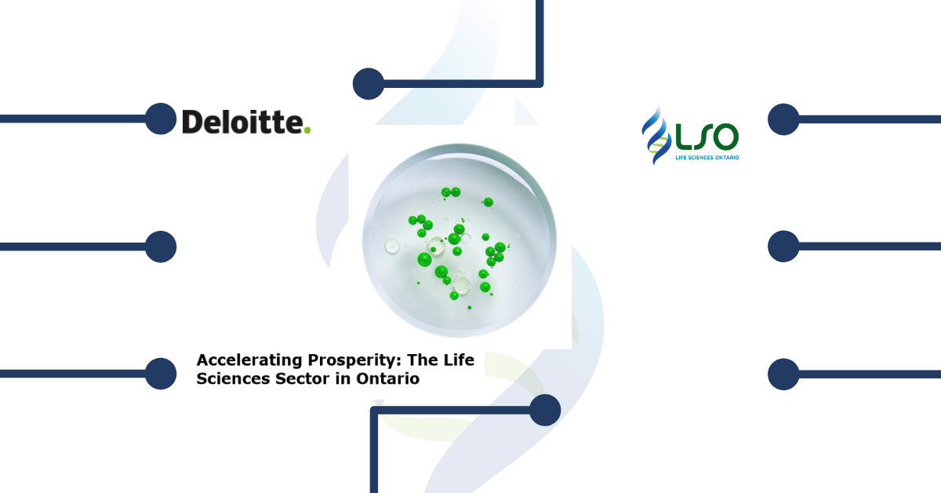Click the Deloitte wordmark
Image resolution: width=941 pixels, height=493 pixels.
tap(246, 122)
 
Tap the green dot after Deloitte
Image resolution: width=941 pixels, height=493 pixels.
tap(307, 130)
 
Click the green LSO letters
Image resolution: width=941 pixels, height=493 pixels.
tap(707, 137)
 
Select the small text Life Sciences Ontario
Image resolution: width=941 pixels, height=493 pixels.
tap(707, 158)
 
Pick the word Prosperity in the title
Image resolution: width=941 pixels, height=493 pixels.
tap(354, 360)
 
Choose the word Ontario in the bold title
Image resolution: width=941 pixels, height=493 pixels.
tap(387, 378)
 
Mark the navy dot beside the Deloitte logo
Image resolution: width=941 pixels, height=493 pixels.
tap(161, 119)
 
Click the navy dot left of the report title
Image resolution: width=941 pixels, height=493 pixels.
tap(161, 374)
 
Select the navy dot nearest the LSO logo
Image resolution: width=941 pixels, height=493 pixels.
tap(783, 119)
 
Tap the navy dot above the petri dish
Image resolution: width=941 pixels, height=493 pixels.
tap(369, 84)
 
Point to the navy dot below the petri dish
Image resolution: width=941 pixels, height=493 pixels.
tap(545, 410)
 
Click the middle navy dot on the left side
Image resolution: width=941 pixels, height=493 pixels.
tap(161, 246)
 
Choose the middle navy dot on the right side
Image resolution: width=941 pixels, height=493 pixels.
tap(783, 246)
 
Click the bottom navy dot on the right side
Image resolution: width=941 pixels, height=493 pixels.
tap(783, 374)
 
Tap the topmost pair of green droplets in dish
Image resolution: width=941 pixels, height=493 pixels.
tap(451, 192)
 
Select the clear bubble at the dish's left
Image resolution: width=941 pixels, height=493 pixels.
tap(392, 246)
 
